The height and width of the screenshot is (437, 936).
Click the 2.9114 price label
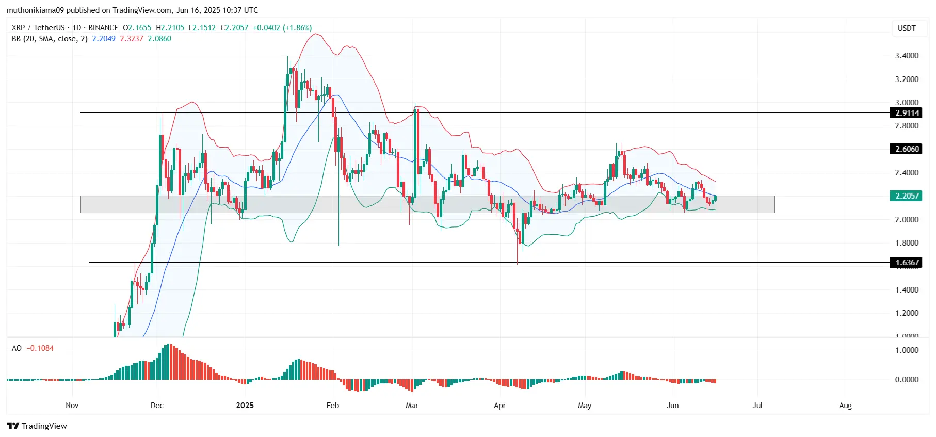coord(907,113)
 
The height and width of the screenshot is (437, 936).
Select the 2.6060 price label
coord(907,149)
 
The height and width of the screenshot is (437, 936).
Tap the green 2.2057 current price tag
coord(907,196)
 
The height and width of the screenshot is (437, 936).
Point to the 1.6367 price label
coord(907,263)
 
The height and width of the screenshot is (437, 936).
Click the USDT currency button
coord(907,28)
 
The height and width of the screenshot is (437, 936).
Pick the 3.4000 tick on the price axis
coord(907,56)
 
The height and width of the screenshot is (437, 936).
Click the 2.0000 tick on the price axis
coord(907,220)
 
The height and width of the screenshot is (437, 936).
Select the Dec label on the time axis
coord(157,406)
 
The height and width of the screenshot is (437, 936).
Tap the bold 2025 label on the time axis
coord(245,406)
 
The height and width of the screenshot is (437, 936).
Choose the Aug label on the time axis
coord(845,406)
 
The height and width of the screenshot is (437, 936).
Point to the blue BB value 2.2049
coord(104,39)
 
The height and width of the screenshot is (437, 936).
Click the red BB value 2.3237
coord(132,39)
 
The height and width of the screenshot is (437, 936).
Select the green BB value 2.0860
coord(159,39)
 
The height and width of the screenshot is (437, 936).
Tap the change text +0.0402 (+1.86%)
coord(282,28)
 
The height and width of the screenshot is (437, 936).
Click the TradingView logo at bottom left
coord(37,426)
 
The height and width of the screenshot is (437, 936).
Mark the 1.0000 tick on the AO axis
coord(907,350)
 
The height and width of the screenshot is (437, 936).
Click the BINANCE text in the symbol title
coord(103,28)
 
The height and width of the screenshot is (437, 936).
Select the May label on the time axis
coord(585,406)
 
